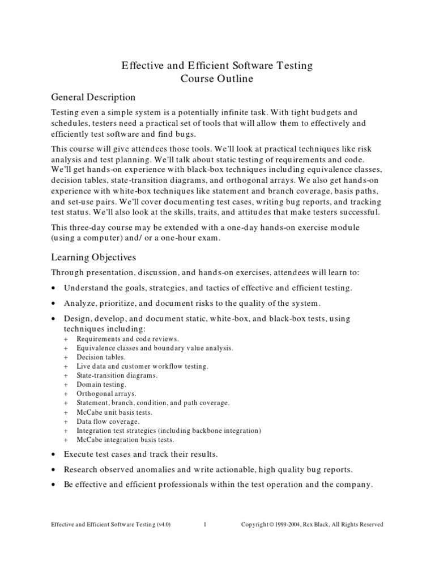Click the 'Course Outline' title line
tap(217, 79)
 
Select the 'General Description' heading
tap(93, 97)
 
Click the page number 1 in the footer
tap(205, 525)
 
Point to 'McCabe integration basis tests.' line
tap(126, 440)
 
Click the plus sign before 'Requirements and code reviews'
tap(66, 339)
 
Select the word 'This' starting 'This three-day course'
tap(60, 227)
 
